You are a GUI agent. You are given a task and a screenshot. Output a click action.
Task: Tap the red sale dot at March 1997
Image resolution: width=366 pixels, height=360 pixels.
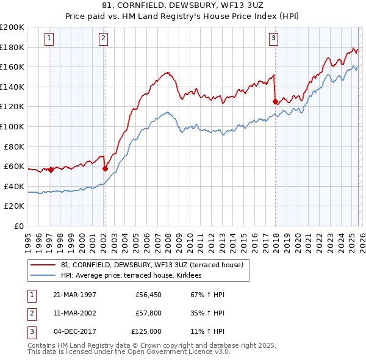(51, 170)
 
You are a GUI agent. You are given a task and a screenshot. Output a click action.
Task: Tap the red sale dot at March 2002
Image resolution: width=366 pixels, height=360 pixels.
(105, 168)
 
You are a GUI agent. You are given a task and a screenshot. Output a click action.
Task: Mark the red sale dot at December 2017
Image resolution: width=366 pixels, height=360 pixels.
(275, 102)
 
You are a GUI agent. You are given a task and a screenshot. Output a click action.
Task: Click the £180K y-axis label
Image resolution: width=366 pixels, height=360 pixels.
(12, 47)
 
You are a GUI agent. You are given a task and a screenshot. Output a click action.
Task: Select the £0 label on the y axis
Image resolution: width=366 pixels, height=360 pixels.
(18, 226)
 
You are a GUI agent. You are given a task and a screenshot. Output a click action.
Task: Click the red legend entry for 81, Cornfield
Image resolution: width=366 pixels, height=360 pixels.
(152, 265)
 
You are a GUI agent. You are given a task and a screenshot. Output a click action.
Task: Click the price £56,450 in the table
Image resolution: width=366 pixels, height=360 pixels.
(147, 294)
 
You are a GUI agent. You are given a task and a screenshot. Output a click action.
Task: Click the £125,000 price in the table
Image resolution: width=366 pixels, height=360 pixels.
(146, 331)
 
